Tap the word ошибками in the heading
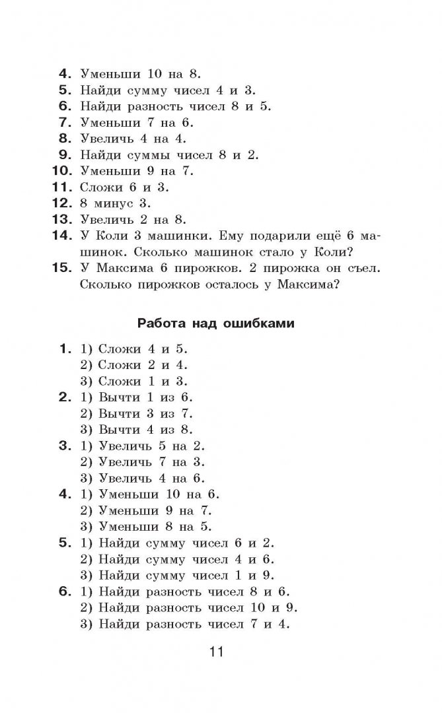pos(260,323)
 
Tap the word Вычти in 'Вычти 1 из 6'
pos(119,397)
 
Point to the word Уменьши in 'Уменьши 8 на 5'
pos(128,527)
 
